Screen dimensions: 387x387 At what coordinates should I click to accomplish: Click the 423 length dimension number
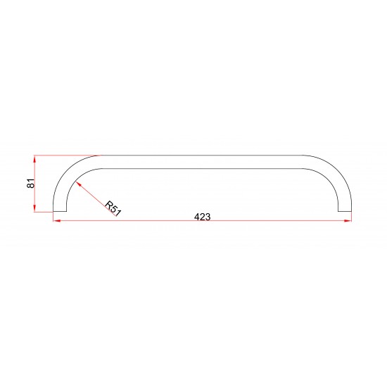(203, 217)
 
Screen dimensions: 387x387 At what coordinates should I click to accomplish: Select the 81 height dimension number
(31, 183)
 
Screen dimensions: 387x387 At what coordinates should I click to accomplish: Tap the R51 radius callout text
(113, 208)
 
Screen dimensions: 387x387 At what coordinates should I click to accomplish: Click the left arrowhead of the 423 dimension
(56, 221)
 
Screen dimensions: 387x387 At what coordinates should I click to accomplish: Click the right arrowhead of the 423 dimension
(348, 221)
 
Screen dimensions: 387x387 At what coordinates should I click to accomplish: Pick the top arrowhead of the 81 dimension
(34, 159)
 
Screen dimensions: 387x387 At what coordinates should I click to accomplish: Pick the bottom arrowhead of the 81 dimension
(34, 208)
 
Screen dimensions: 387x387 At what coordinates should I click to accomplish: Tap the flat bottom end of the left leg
(60, 212)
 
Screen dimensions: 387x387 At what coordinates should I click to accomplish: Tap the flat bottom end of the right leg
(345, 212)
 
